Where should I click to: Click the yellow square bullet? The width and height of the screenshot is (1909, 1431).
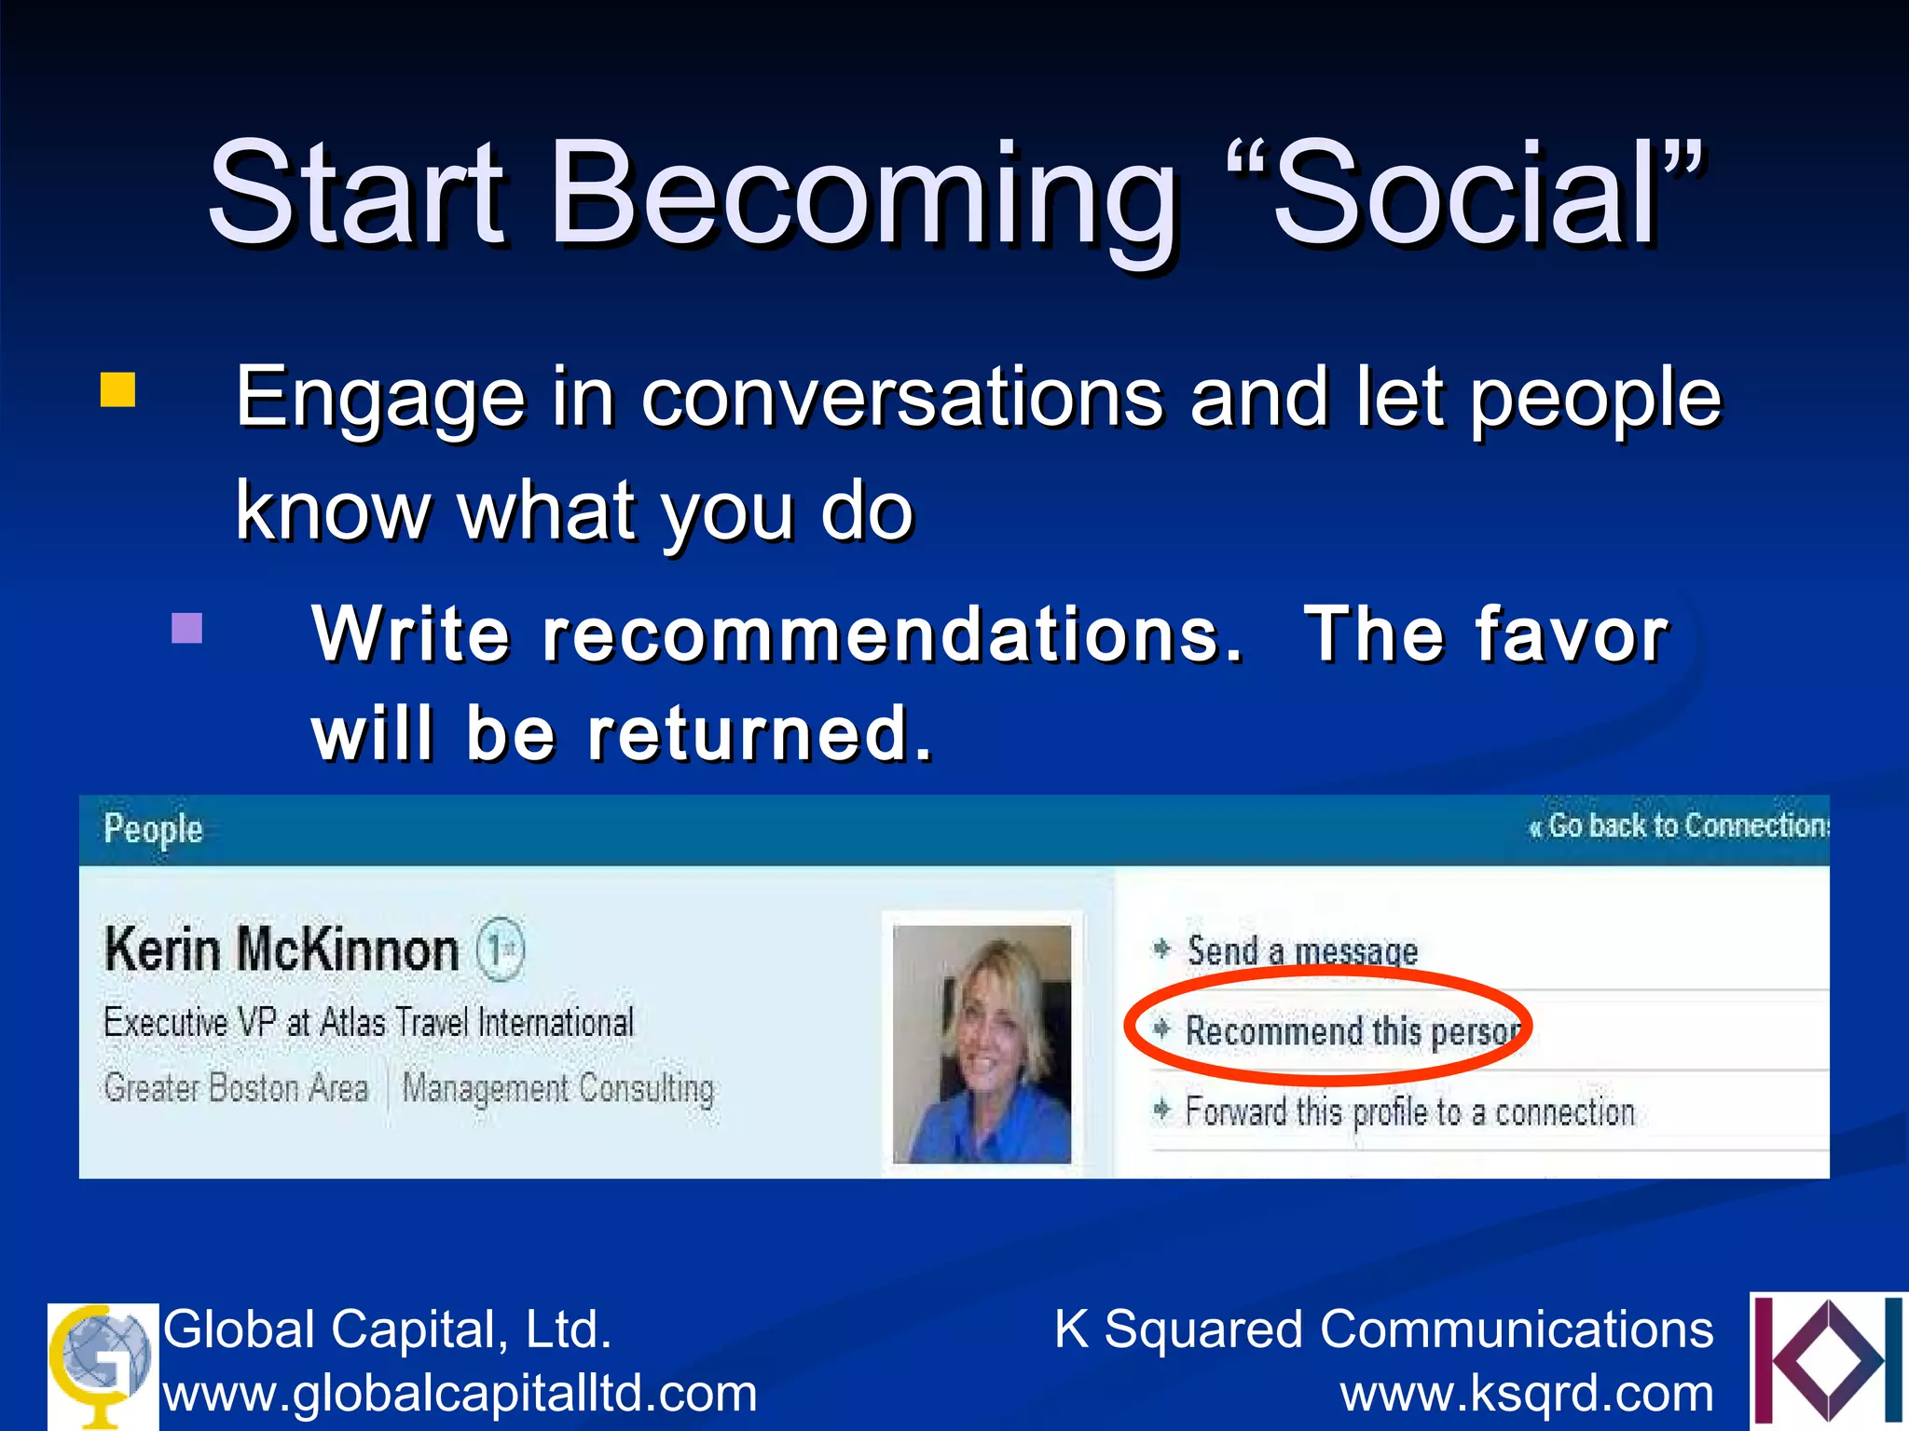(117, 390)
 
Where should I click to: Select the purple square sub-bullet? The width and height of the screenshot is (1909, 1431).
(187, 628)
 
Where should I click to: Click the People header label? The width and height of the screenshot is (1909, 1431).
(153, 828)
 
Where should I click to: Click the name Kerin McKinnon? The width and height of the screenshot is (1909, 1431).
(282, 950)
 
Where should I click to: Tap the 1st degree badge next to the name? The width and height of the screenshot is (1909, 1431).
(501, 950)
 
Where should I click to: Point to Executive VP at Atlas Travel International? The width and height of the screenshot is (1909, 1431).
(369, 1023)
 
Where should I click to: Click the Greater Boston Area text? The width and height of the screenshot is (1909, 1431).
(236, 1088)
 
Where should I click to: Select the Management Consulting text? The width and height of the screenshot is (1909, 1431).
(558, 1088)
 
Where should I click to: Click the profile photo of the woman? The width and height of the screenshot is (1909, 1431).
(982, 1043)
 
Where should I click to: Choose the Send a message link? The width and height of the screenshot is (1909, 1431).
(1301, 951)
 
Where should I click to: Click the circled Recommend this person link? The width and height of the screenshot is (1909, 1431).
(1352, 1031)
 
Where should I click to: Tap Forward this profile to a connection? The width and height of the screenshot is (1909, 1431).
(1409, 1111)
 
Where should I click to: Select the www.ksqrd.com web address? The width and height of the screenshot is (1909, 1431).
(1527, 1394)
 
